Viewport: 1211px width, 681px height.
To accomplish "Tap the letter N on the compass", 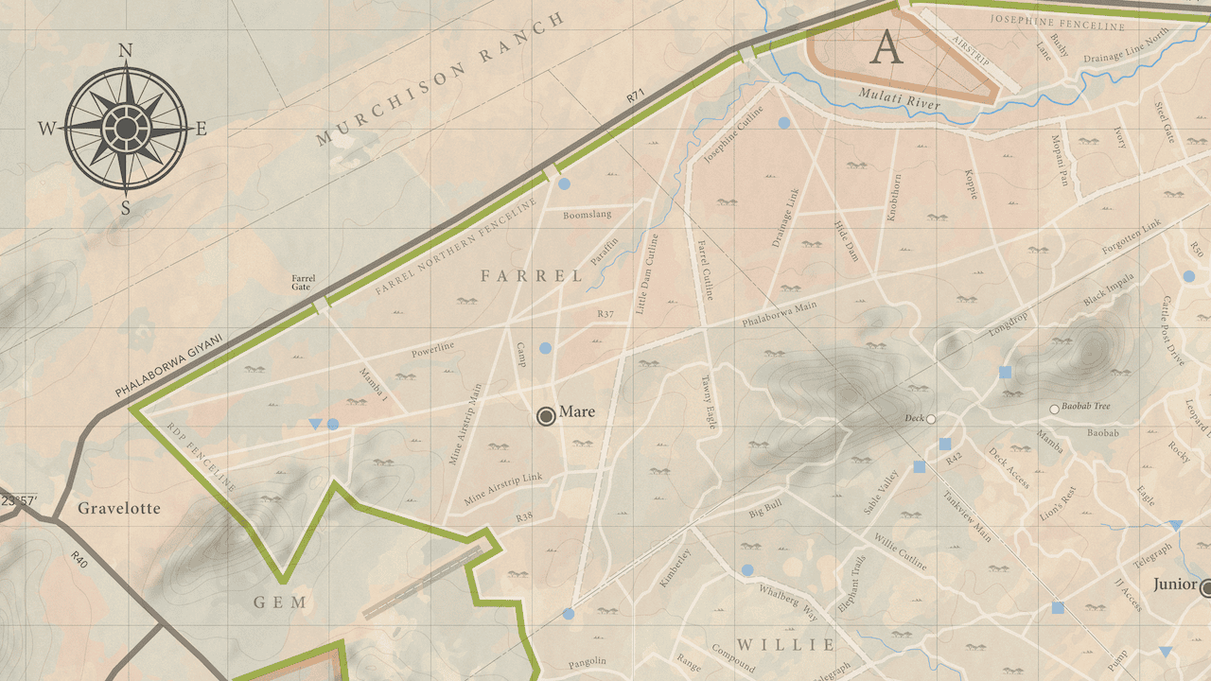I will coord(125,51).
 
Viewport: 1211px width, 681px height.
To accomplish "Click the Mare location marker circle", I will coord(546,416).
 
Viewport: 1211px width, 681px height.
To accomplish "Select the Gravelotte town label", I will coord(119,509).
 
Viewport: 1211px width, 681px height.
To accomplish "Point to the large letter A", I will coord(886,47).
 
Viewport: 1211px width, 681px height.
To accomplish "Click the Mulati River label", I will coord(899,97).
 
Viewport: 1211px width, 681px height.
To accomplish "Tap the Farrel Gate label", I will coord(303,283).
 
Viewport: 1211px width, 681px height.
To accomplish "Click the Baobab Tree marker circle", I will coord(1054,410).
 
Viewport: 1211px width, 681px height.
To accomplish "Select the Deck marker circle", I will coord(931,419).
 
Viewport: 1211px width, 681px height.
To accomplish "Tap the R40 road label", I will coord(79,561).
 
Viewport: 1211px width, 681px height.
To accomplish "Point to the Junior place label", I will coord(1174,585).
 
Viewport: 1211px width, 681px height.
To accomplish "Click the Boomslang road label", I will coord(588,215).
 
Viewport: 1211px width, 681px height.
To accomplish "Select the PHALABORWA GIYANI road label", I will coord(168,365).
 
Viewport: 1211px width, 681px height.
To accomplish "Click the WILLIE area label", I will coord(785,645).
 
